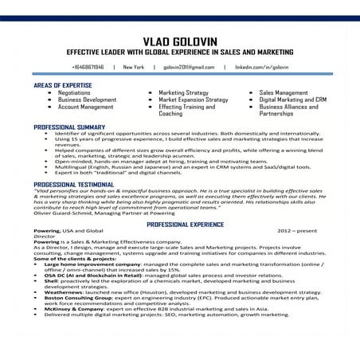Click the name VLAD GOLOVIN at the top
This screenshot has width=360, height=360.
(x=180, y=41)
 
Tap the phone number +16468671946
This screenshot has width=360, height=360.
(x=88, y=68)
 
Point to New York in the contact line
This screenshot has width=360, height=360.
(x=133, y=68)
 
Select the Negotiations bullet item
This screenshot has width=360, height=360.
(x=74, y=93)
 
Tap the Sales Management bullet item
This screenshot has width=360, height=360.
(x=285, y=93)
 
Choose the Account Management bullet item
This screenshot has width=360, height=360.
(x=85, y=107)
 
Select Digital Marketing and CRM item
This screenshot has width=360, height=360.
(x=293, y=100)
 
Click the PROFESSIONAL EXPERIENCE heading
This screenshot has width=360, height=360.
(x=190, y=225)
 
